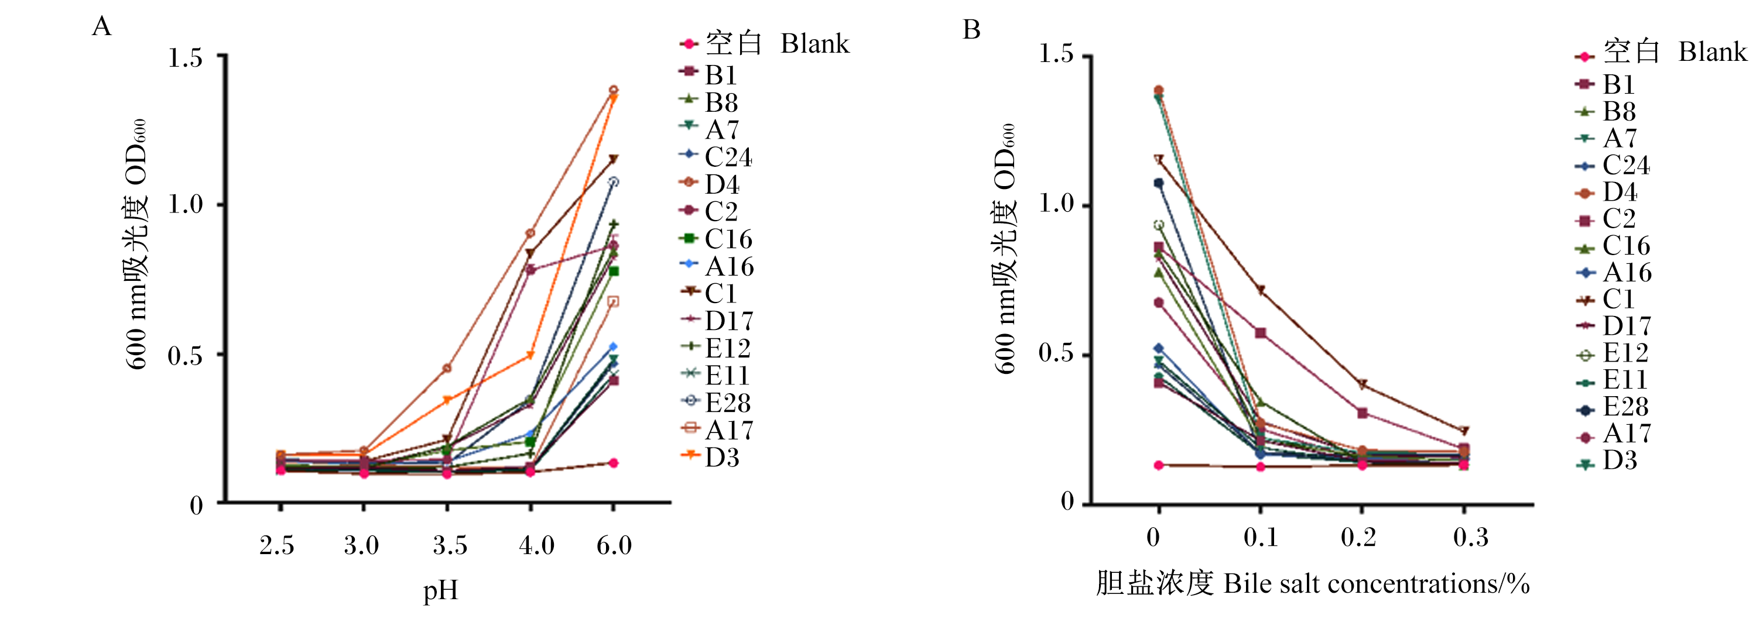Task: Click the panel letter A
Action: click(x=101, y=26)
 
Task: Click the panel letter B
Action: click(x=971, y=29)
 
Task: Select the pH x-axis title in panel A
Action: click(x=440, y=590)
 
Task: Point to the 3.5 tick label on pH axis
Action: click(x=450, y=545)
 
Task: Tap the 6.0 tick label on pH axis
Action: click(x=614, y=545)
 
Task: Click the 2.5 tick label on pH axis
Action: click(x=276, y=545)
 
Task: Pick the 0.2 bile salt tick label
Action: click(x=1358, y=537)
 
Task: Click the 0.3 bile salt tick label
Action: click(x=1471, y=537)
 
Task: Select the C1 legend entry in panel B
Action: click(x=1604, y=299)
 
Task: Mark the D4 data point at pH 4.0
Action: click(x=530, y=233)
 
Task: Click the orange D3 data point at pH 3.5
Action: click(x=447, y=400)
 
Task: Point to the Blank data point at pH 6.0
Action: click(x=613, y=463)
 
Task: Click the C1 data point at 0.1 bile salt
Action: click(x=1260, y=290)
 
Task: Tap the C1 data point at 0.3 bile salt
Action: click(x=1464, y=431)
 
